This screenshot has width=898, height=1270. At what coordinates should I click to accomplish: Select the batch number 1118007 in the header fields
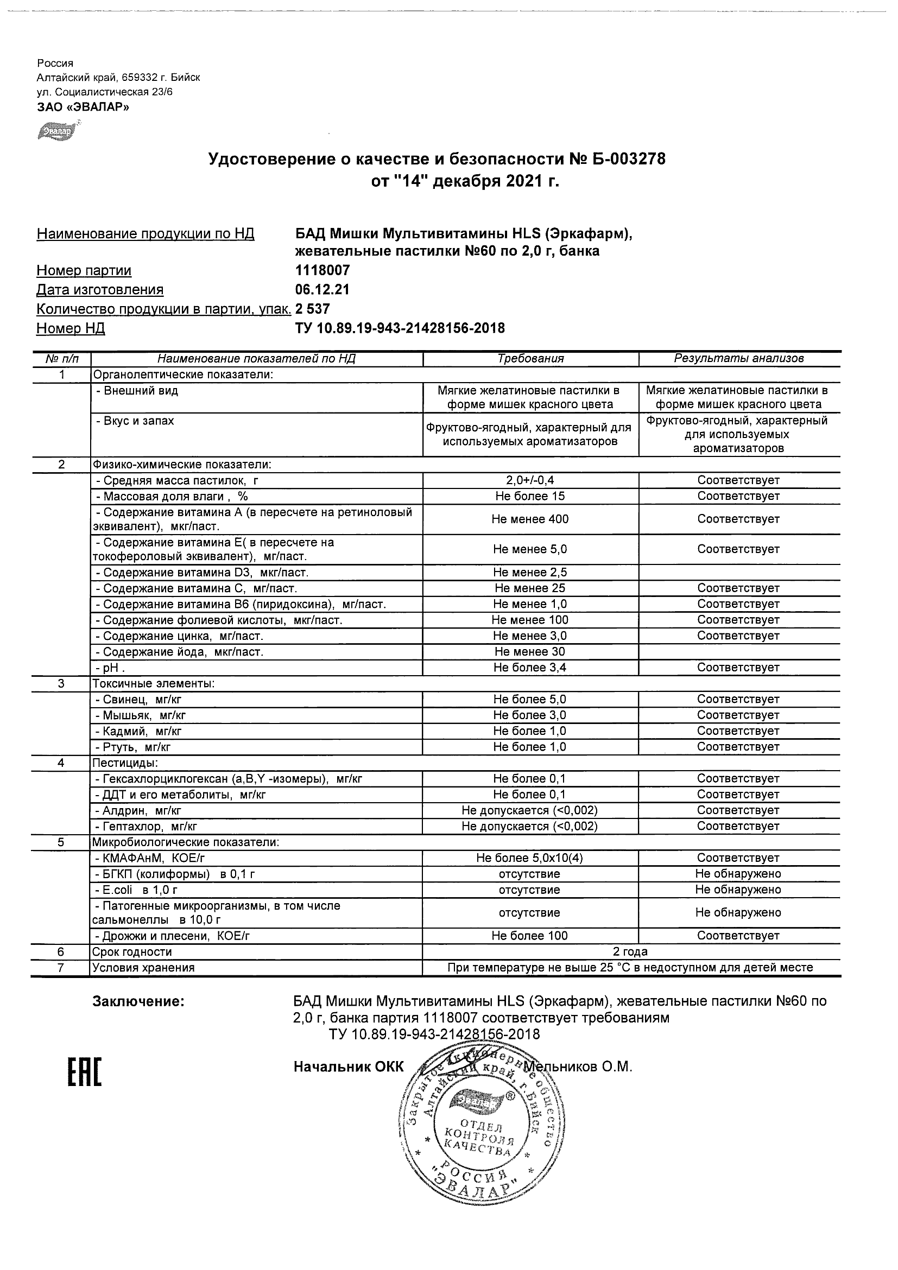coord(322,270)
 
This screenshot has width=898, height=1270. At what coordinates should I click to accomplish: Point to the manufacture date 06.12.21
coord(322,290)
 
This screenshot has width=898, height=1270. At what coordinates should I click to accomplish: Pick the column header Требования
coord(530,358)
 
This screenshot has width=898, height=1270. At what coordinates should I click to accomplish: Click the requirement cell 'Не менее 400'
coord(530,519)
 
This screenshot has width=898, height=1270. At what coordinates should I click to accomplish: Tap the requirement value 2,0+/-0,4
coord(530,480)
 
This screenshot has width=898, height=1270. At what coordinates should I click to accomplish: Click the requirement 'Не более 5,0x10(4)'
coord(530,858)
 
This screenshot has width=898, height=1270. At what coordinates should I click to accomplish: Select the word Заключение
coord(138,1001)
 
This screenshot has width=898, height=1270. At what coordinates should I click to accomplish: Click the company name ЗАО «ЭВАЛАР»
coord(83,107)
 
